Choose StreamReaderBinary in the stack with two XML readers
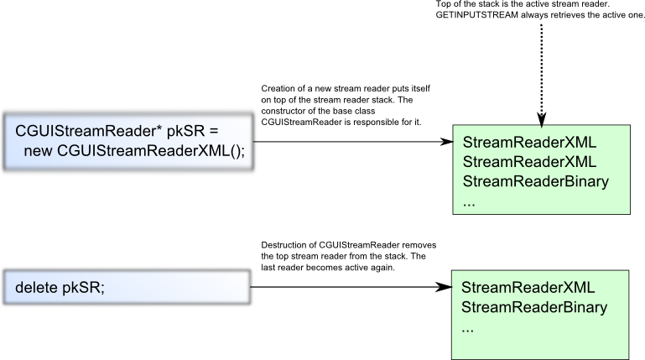pyautogui.click(x=535, y=181)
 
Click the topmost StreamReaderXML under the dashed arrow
pyautogui.click(x=529, y=140)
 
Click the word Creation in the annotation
pyautogui.click(x=278, y=89)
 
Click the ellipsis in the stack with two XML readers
pyautogui.click(x=469, y=202)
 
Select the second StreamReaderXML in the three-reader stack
pyautogui.click(x=529, y=161)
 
